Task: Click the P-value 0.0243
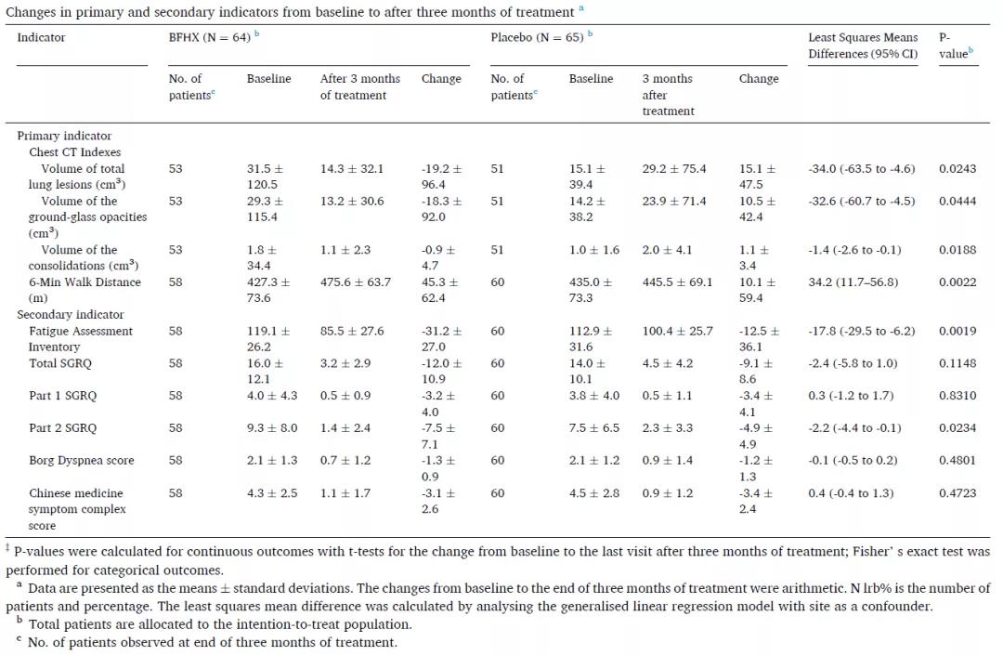click(957, 169)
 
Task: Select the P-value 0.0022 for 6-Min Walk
click(957, 282)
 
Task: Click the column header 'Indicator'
click(42, 38)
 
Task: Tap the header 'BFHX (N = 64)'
click(207, 38)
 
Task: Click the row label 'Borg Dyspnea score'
click(82, 461)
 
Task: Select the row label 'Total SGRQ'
click(60, 363)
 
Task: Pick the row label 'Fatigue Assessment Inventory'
click(81, 339)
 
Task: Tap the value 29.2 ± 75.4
click(674, 169)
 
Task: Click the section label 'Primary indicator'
click(64, 136)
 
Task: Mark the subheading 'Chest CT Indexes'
click(75, 152)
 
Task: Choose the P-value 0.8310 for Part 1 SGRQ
click(957, 396)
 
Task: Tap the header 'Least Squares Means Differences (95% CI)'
click(863, 46)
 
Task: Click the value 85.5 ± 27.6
click(352, 332)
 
